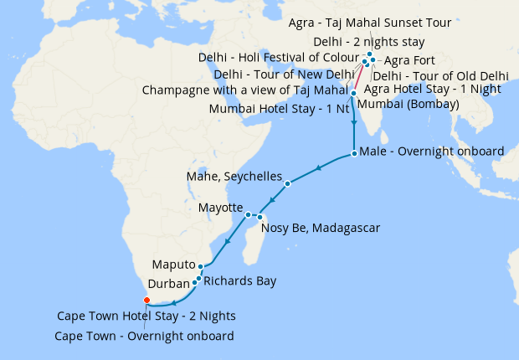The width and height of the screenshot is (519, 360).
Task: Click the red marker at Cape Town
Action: tap(146, 300)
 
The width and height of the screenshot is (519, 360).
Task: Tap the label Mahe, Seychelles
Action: tap(234, 177)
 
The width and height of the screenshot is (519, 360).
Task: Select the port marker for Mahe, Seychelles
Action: tap(287, 183)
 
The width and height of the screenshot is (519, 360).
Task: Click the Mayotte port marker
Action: tap(248, 215)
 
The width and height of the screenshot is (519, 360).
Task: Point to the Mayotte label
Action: tap(220, 208)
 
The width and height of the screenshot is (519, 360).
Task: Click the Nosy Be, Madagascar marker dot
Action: tap(259, 217)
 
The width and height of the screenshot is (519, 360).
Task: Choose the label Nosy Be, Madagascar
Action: tap(321, 228)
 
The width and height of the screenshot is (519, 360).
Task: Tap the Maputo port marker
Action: tap(200, 266)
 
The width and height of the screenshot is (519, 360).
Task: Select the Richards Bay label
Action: tap(239, 281)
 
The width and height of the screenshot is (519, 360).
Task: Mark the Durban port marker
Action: tap(194, 283)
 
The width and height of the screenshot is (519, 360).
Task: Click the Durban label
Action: tap(168, 284)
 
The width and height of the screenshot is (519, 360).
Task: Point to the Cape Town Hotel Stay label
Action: tap(146, 316)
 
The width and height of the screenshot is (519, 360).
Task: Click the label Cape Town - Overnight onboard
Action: tap(143, 336)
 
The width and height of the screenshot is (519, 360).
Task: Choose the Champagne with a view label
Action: tap(244, 90)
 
